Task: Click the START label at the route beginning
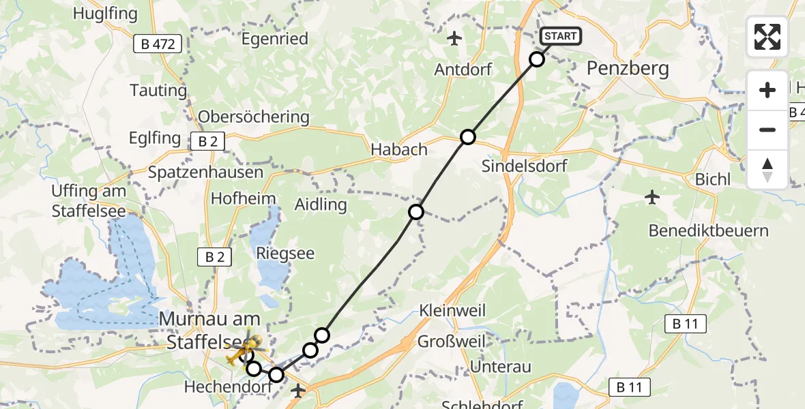tap(560, 36)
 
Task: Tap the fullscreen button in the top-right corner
tap(767, 37)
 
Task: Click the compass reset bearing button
tap(767, 169)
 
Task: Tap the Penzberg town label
tap(628, 68)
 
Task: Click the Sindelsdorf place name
tap(524, 166)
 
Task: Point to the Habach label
tap(398, 149)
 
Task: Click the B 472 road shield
tap(158, 45)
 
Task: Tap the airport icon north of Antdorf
tap(454, 38)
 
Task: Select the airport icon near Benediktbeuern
tap(652, 198)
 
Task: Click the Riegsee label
tap(284, 254)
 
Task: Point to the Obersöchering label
tap(254, 117)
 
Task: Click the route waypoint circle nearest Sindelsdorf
tap(467, 137)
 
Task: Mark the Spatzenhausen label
tap(206, 172)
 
